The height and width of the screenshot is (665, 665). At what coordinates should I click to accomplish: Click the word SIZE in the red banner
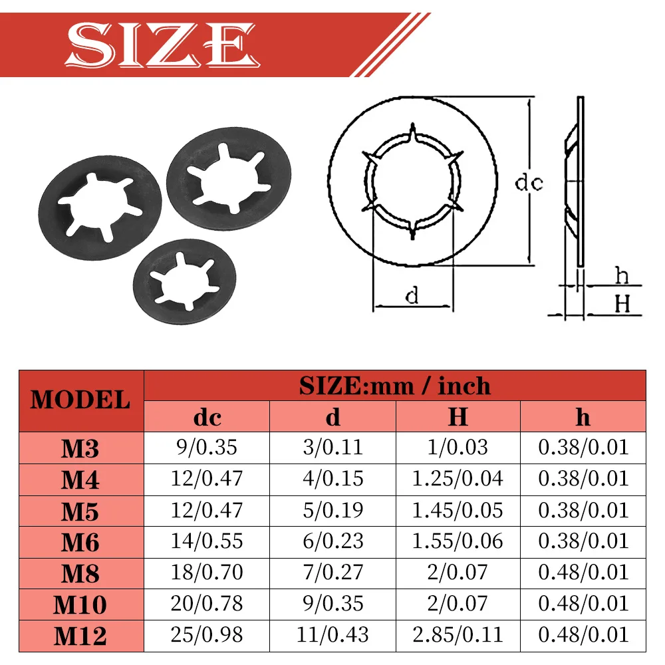[162, 45]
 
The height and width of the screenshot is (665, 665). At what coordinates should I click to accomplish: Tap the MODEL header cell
[80, 401]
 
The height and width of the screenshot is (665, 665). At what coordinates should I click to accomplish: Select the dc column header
[207, 418]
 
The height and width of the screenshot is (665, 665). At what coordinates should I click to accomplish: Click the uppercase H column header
[458, 416]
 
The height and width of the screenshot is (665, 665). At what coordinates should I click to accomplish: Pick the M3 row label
[80, 448]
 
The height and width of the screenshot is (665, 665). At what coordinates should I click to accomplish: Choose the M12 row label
[80, 636]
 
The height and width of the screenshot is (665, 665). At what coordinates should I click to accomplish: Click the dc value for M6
[207, 541]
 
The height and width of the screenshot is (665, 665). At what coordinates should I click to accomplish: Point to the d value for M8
[333, 572]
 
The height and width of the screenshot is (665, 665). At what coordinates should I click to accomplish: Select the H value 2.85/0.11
[458, 635]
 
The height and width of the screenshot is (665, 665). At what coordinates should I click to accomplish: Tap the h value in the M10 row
[583, 604]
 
